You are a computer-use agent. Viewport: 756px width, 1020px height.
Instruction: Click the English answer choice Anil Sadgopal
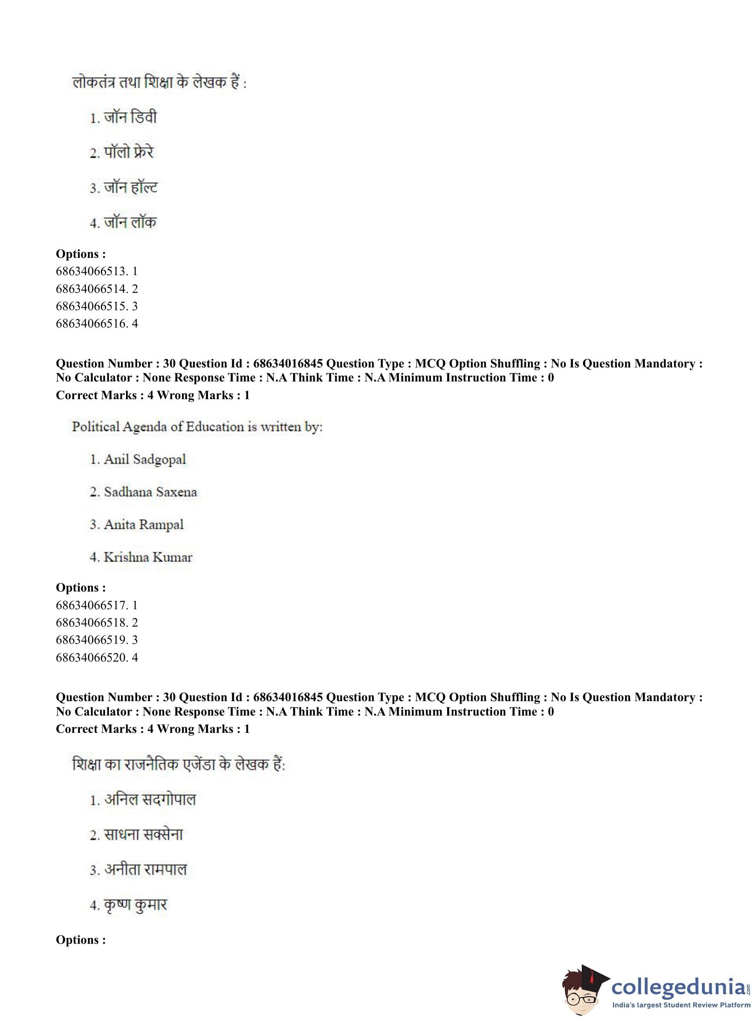point(145,459)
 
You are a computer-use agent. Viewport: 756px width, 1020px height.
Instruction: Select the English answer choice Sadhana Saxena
point(150,492)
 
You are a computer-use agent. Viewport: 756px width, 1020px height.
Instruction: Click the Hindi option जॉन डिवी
point(130,118)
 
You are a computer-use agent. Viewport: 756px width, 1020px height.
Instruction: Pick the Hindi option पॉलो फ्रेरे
point(128,152)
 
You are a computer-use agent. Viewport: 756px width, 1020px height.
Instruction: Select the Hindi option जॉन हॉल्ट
point(131,188)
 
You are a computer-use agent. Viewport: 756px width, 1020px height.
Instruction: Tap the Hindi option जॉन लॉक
point(130,222)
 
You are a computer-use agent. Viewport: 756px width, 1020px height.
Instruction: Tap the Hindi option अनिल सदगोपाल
point(149,799)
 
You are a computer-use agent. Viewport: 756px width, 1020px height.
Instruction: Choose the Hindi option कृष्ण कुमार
point(135,905)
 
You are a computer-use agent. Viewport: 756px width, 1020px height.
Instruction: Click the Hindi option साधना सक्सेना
point(143,834)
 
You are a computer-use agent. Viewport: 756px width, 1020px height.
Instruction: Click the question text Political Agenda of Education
point(197,427)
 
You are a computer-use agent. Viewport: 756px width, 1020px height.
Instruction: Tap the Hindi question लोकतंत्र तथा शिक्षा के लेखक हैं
point(159,83)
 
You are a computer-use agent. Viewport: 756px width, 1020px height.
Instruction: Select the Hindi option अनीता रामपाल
point(145,869)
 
